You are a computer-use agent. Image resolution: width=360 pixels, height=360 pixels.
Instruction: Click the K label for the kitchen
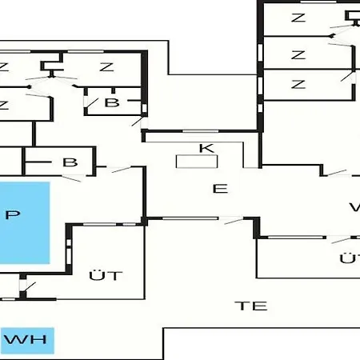[206, 148]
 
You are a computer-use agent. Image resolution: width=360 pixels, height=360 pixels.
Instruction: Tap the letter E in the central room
[220, 189]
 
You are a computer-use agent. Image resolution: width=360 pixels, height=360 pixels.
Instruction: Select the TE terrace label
[251, 306]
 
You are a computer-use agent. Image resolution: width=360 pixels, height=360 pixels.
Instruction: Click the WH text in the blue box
[26, 339]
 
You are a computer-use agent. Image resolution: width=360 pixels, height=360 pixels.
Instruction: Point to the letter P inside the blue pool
[13, 214]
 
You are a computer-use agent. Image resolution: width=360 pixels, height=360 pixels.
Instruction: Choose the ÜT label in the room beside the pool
[106, 275]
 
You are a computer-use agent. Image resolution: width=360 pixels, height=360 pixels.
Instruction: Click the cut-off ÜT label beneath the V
[350, 258]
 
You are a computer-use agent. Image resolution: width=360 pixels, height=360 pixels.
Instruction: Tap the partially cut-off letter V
[354, 207]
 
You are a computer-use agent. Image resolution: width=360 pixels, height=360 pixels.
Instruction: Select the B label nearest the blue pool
[70, 162]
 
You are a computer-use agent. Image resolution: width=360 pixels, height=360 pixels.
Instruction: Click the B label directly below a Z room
[112, 102]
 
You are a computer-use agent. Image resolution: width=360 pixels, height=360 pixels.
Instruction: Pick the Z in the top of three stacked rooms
[298, 18]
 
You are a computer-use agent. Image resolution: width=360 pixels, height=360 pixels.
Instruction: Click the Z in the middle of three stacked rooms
[298, 55]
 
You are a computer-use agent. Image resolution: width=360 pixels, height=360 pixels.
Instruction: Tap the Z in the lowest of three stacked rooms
[298, 84]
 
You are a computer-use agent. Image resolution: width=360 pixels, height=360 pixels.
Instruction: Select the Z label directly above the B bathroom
[106, 66]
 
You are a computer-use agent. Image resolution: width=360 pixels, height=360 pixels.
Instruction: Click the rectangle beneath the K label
[197, 162]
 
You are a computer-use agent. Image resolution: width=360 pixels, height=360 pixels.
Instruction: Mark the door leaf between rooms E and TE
[234, 221]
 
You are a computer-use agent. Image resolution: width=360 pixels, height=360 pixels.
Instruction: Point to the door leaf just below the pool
[30, 287]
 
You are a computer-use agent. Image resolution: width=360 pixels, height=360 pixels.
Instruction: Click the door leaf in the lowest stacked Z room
[347, 77]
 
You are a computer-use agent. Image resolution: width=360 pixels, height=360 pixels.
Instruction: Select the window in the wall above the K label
[200, 131]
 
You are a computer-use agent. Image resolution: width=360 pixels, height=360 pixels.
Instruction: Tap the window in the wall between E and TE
[190, 218]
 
